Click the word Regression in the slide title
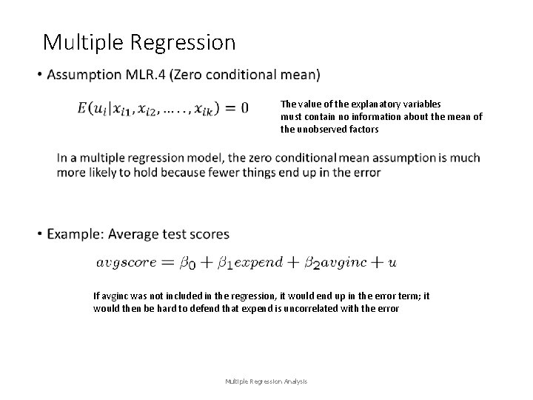(x=185, y=42)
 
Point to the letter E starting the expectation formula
(x=82, y=108)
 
